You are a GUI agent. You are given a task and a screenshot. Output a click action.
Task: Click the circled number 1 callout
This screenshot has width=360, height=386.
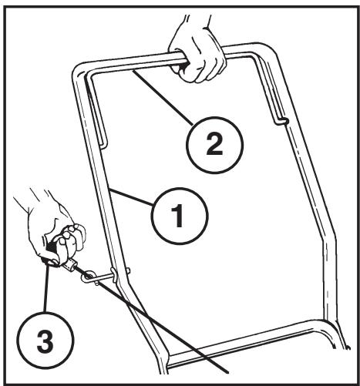click(x=180, y=216)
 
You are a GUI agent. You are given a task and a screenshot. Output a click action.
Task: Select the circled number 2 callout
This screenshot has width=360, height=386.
click(x=214, y=145)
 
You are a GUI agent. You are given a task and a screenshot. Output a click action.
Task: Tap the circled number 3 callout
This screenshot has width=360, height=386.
click(x=45, y=340)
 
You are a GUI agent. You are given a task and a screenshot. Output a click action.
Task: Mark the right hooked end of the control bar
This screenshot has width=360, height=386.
click(x=282, y=121)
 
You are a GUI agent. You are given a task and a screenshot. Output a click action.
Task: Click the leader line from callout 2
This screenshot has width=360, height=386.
click(x=162, y=97)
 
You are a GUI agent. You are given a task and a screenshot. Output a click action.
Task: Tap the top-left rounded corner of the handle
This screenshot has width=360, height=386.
click(x=78, y=69)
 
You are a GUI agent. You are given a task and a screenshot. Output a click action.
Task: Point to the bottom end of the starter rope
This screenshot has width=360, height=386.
click(x=227, y=372)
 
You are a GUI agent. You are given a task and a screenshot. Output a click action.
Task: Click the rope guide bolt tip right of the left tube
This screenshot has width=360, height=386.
click(x=129, y=270)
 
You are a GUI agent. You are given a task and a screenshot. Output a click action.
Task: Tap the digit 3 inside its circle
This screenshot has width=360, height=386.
click(x=45, y=340)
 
